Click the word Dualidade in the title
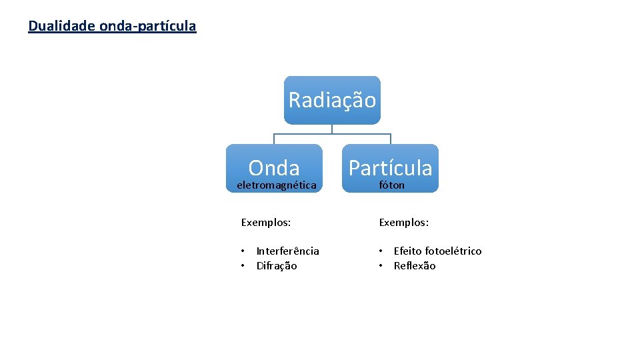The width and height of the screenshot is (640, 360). (61, 26)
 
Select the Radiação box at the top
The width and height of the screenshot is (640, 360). (332, 100)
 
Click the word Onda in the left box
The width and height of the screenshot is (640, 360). (274, 167)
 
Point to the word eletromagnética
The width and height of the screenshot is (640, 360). (276, 185)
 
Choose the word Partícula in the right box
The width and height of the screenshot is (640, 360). (390, 167)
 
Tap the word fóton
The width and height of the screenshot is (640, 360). (391, 185)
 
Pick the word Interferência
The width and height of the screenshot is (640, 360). (287, 251)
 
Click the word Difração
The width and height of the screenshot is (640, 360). (277, 265)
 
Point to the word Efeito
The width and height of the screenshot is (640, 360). (407, 251)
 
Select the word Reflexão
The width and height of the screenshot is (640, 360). (414, 265)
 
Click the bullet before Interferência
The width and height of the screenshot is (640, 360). (243, 251)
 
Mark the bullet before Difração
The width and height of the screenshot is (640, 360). (243, 265)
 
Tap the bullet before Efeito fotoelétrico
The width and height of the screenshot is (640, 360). (381, 251)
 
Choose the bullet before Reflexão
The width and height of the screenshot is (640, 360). (381, 265)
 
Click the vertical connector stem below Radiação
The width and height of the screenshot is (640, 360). (332, 129)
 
